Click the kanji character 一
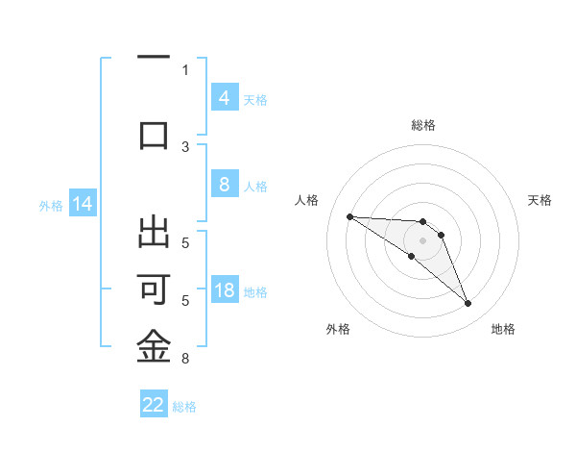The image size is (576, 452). (154, 59)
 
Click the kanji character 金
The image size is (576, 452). (154, 347)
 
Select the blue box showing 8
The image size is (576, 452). (224, 185)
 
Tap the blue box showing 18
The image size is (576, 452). (224, 290)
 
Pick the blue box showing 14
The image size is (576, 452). (82, 204)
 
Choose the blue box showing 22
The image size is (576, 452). (154, 405)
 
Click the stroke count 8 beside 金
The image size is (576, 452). (184, 360)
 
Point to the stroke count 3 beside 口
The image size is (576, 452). (185, 146)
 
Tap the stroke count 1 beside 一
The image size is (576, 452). (185, 69)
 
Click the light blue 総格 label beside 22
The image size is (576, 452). (185, 407)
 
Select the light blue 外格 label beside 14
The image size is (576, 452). (51, 206)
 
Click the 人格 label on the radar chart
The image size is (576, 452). (307, 200)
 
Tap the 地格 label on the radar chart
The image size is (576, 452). (503, 329)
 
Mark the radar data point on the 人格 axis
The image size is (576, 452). (349, 216)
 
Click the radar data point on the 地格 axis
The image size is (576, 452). (468, 304)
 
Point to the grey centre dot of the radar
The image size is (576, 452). (422, 239)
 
